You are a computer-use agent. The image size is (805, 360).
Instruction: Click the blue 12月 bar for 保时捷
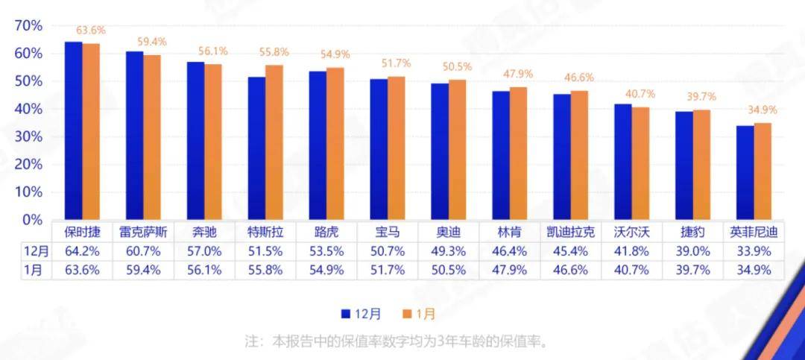pos(73,130)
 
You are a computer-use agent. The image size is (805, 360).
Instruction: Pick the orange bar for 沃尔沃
pos(640,163)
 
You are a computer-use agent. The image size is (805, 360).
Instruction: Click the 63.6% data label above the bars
pos(91,31)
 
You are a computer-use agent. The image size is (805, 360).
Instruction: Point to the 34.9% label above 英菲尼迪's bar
pos(763,110)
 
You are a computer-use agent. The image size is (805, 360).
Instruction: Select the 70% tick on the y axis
pos(29,26)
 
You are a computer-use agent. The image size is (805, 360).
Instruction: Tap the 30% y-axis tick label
pos(29,137)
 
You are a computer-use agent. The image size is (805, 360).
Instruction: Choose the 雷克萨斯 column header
pos(144,232)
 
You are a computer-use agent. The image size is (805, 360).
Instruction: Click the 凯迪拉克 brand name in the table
pos(571,232)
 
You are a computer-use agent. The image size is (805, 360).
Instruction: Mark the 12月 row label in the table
pos(36,250)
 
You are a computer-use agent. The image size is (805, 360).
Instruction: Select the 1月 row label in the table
pos(36,270)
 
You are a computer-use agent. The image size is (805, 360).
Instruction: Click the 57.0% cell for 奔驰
pos(204,250)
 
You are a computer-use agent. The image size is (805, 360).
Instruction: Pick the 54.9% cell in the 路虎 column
pos(326,270)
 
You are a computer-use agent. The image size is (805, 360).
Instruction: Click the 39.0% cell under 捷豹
pos(693,250)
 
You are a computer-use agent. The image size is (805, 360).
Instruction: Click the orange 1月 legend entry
pos(418,315)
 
